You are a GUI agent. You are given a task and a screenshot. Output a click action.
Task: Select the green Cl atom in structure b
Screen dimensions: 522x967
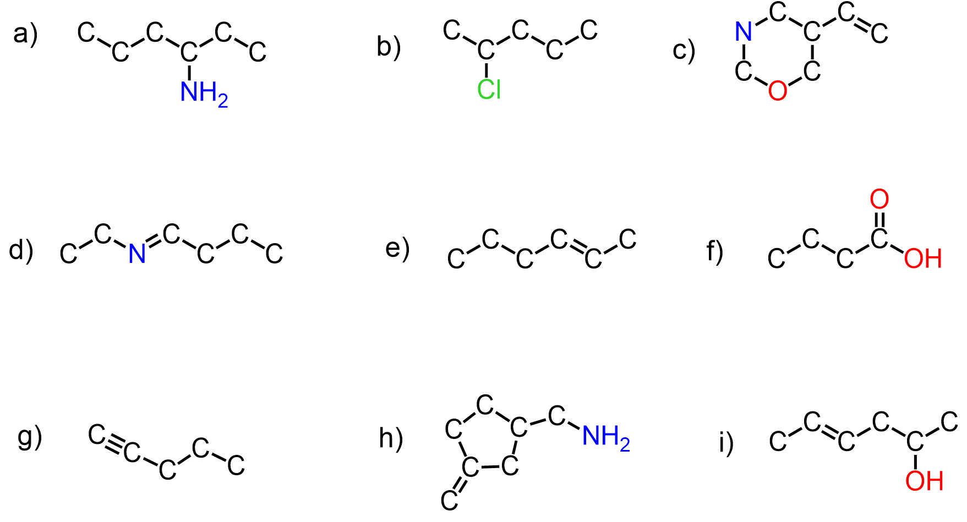click(x=489, y=89)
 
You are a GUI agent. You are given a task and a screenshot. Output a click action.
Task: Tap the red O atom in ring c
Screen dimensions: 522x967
click(x=777, y=91)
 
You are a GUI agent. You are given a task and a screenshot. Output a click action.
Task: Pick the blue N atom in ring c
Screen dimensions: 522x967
click(x=744, y=32)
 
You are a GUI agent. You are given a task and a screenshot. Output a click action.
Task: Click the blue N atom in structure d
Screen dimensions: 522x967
click(x=137, y=254)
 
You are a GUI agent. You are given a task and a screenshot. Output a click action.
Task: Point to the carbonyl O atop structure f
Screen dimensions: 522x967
click(x=879, y=199)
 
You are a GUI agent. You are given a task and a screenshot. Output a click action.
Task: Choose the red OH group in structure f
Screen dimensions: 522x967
click(x=923, y=259)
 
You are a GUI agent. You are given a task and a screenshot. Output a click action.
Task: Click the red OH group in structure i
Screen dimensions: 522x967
click(x=924, y=481)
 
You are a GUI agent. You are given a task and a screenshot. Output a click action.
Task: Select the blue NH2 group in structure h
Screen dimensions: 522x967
click(x=605, y=437)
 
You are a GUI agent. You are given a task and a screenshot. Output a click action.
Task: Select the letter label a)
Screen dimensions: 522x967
click(x=25, y=34)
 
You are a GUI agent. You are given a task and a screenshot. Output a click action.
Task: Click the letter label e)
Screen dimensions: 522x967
click(x=397, y=248)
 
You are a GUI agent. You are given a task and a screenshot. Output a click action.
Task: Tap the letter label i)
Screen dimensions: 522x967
click(x=726, y=443)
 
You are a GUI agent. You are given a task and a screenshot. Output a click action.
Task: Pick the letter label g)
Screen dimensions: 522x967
click(x=30, y=437)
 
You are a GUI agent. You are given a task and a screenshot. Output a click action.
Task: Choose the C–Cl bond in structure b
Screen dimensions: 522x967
click(x=487, y=70)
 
